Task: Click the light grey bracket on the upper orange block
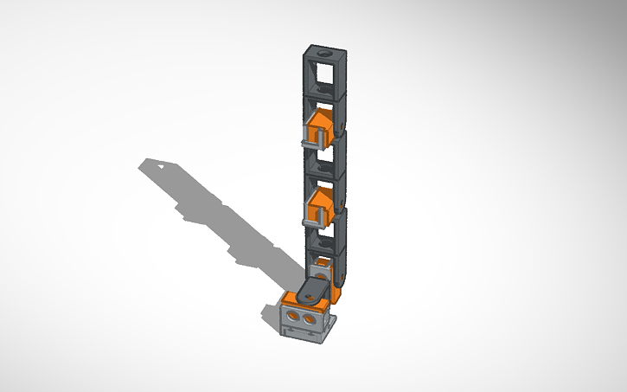314,133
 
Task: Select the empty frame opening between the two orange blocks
323,162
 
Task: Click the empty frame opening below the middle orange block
323,238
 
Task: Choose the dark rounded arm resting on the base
316,290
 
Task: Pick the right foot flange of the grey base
330,329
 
